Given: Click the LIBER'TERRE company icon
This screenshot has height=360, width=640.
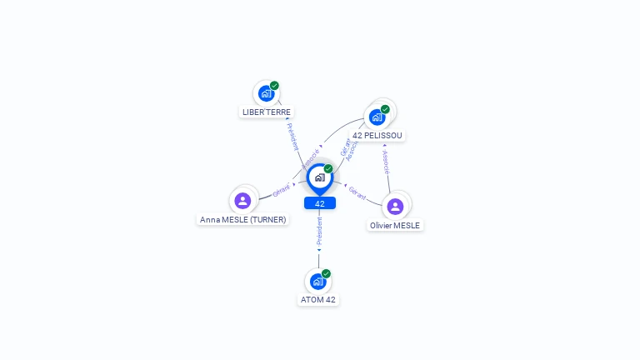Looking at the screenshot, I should [x=266, y=93].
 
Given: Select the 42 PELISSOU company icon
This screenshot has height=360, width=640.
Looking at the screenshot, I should [x=377, y=117].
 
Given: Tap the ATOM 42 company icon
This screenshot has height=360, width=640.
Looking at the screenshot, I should [x=317, y=282].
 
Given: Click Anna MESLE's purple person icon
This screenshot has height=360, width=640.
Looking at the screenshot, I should [x=242, y=200].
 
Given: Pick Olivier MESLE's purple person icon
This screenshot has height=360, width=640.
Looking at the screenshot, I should [x=395, y=206].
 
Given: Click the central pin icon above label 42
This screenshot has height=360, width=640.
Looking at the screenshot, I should [x=319, y=177].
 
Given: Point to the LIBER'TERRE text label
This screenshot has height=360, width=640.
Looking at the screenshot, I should [x=267, y=112].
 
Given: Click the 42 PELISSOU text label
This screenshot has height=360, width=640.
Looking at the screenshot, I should [x=378, y=135].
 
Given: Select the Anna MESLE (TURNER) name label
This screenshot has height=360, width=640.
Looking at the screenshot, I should [x=243, y=220].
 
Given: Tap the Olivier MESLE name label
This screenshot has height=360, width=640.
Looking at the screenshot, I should [x=396, y=225].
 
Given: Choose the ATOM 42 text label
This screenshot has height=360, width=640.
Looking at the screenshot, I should [x=318, y=300].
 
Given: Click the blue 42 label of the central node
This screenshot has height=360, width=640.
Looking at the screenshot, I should [x=320, y=203].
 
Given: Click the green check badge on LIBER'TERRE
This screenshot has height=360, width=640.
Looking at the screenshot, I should [x=274, y=86].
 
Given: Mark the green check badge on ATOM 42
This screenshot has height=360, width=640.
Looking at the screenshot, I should [x=326, y=273].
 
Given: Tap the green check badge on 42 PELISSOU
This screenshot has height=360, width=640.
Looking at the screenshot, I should [x=385, y=109].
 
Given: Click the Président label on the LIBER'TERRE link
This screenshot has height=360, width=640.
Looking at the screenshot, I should [x=292, y=137].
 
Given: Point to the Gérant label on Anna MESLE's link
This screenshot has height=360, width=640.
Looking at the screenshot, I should [x=282, y=189].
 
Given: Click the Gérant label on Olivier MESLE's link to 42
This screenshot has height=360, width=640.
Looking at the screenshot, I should [x=357, y=192].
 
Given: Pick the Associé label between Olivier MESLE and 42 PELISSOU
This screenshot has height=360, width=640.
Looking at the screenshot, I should [x=385, y=162].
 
